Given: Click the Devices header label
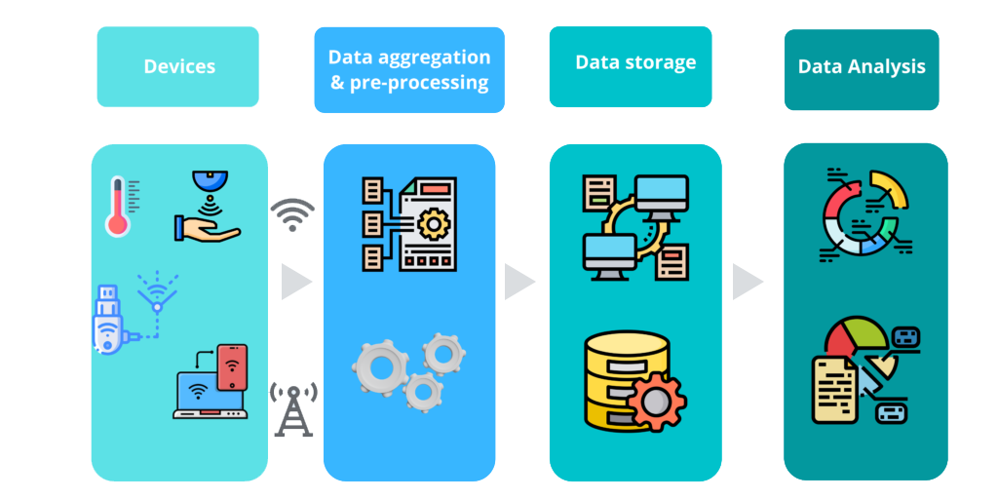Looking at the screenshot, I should coord(179,67).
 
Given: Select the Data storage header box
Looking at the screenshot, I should coord(631,65).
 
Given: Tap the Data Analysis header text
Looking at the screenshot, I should coord(862,67).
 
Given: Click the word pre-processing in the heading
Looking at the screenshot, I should coord(409,83).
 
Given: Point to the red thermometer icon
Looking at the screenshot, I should coord(118,207).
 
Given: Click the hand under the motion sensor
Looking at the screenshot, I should coord(206,229).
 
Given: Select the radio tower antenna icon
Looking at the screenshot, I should coord(293,408).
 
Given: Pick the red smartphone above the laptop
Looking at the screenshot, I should coord(232,367).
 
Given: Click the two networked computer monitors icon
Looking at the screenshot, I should coord(634,226).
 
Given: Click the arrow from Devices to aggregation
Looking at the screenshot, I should coord(295,282).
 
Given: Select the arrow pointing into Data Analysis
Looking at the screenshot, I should coord(748,282).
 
